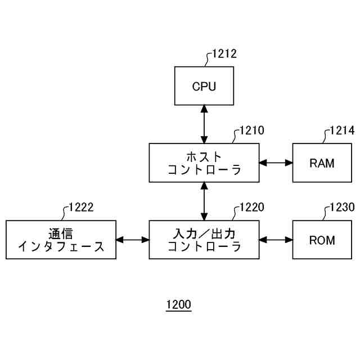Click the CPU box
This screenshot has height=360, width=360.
[x=204, y=86]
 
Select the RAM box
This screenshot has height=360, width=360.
[x=322, y=163]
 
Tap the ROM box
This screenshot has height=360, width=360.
[x=322, y=240]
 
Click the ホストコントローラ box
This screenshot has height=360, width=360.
[x=204, y=163]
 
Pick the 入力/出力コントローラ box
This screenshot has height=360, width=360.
[x=204, y=240]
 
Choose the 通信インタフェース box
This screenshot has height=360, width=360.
[x=61, y=240]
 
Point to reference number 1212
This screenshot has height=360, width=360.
[x=224, y=54]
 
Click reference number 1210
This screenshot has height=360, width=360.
[x=252, y=130]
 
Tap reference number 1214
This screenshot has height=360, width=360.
[x=342, y=130]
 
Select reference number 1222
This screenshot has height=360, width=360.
[x=81, y=207]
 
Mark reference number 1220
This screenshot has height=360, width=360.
[x=252, y=207]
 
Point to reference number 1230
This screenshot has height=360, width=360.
[x=342, y=207]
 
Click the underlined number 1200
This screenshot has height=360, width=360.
[x=179, y=305]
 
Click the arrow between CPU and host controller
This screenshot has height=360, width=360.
[x=204, y=124]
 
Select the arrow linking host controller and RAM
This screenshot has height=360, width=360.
[x=276, y=163]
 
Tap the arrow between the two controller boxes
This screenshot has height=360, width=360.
[x=204, y=201]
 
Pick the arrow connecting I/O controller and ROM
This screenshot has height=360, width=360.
[x=276, y=240]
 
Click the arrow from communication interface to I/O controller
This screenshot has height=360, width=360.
[x=133, y=240]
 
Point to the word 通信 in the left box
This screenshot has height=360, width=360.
[x=61, y=233]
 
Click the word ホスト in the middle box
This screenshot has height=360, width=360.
[x=204, y=157]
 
